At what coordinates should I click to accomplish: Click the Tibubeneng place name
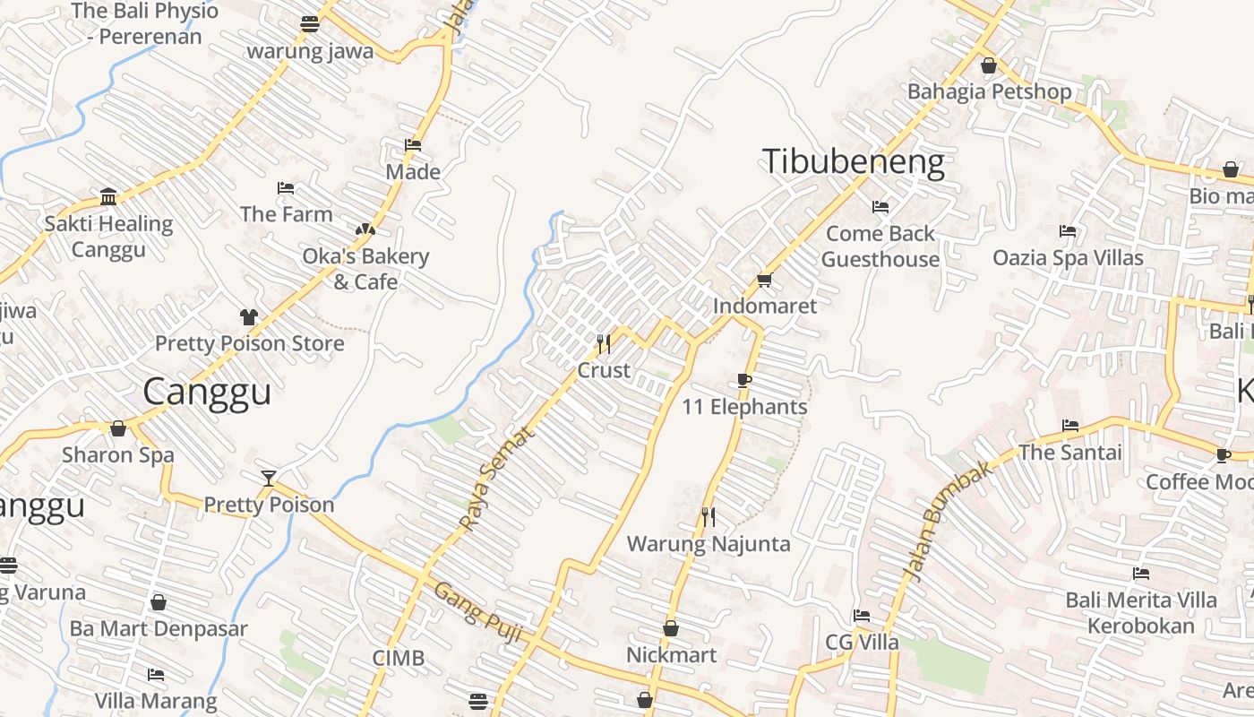853,162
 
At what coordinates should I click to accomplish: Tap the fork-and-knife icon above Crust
604,343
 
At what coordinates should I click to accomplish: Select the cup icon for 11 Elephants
743,380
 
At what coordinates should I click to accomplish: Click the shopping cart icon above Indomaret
764,281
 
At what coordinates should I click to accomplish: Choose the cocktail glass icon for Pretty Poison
268,478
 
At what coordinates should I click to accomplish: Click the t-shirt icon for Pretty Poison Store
248,316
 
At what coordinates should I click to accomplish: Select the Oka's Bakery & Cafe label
365,269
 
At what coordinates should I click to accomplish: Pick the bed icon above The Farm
286,188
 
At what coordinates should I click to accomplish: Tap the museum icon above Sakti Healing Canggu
108,196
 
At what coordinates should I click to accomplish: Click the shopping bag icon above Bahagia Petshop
989,65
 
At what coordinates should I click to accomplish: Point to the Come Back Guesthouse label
880,246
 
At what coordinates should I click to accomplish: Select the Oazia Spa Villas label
1068,258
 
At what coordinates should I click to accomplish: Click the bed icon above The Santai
1069,426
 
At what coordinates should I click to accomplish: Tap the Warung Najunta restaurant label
709,544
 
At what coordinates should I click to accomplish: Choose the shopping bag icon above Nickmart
671,629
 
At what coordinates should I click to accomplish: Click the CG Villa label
862,643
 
